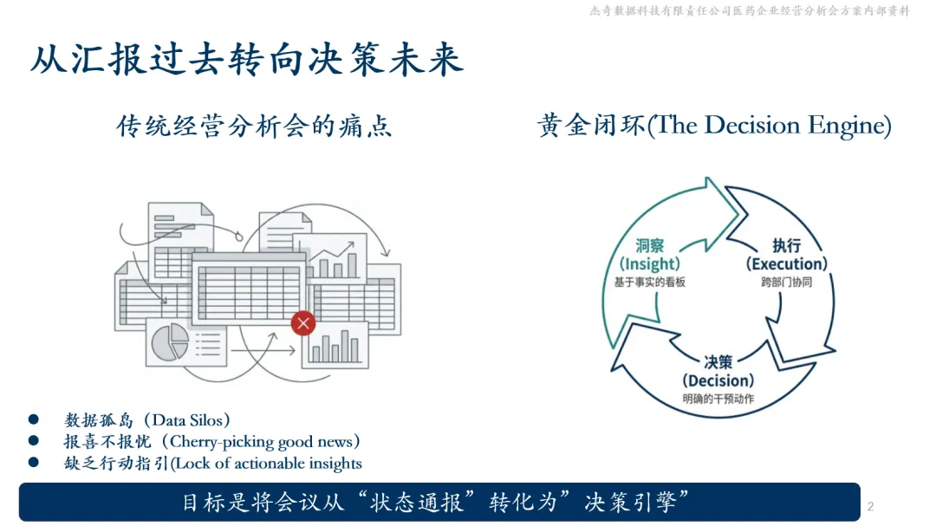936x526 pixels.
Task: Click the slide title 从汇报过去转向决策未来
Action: [247, 59]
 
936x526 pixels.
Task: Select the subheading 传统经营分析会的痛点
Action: [254, 127]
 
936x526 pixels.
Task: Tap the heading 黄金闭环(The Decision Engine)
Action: [714, 126]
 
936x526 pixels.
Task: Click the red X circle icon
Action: [303, 324]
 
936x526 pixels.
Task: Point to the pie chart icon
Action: [170, 341]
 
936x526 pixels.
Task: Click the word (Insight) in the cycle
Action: [650, 264]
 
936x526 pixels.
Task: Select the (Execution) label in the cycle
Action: [787, 263]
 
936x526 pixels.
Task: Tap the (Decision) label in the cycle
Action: [718, 380]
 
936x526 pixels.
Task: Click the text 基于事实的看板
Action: [650, 282]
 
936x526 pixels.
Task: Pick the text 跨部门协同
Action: [787, 282]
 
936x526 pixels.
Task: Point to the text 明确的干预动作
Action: [718, 399]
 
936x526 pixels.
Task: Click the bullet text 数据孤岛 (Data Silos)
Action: [148, 420]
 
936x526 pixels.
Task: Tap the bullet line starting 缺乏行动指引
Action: [213, 464]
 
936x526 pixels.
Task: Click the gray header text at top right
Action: [750, 11]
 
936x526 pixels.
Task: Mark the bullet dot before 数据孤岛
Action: [34, 420]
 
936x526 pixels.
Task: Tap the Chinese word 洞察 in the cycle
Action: [650, 246]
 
